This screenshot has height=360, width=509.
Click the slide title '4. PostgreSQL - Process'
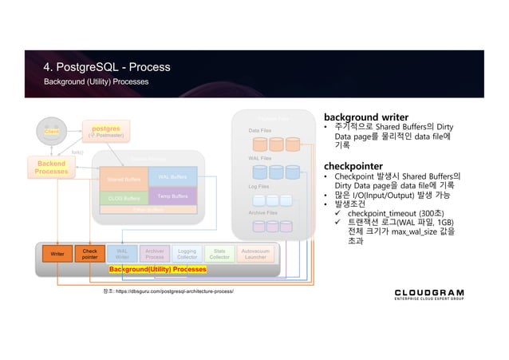106,66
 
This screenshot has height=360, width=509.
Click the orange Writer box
58,254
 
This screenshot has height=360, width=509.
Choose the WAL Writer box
122,254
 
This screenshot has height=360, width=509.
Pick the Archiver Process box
155,254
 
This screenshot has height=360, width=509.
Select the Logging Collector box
187,254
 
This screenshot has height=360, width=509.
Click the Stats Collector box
219,254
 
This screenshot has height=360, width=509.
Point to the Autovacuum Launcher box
255,254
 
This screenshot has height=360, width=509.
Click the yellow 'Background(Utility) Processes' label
158,271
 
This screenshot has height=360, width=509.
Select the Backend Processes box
51,167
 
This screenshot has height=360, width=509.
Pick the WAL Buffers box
172,176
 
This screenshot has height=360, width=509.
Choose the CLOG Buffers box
122,196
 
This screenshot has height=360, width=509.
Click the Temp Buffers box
172,195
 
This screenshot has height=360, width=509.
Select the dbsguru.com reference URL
164,291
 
